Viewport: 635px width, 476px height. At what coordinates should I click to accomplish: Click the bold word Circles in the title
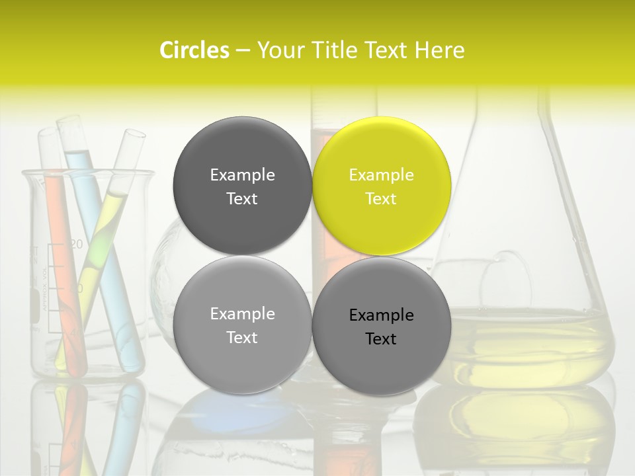point(194,50)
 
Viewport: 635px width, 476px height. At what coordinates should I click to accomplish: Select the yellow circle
point(382,186)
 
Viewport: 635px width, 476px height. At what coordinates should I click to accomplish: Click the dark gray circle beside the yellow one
point(242,186)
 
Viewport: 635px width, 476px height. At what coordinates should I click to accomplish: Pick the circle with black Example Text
point(382,326)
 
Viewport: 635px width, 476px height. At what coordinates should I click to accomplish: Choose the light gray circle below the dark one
point(242,325)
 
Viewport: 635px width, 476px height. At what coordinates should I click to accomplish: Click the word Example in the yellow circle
point(381,175)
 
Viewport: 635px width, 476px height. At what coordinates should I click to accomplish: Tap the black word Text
point(381,339)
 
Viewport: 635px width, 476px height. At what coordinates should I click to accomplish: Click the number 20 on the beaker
point(76,245)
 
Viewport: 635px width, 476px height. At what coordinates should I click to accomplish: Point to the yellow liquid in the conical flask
point(529,344)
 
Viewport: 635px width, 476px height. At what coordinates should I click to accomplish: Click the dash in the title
point(243,50)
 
